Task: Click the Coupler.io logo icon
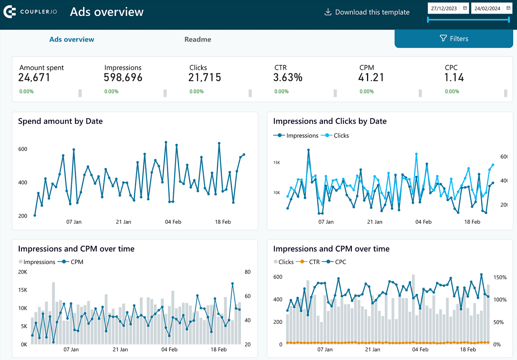10,12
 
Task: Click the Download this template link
367,12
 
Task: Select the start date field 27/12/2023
444,8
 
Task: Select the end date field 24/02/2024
487,8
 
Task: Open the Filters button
454,39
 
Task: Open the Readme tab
198,39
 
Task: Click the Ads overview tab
72,39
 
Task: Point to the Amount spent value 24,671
34,78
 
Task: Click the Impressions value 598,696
123,78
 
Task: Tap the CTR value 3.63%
288,78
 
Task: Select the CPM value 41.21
371,78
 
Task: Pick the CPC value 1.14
454,78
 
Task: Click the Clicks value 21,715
204,78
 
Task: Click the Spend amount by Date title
60,121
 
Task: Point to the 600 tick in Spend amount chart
23,149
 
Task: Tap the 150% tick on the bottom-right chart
500,277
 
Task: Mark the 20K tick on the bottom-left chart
23,272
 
